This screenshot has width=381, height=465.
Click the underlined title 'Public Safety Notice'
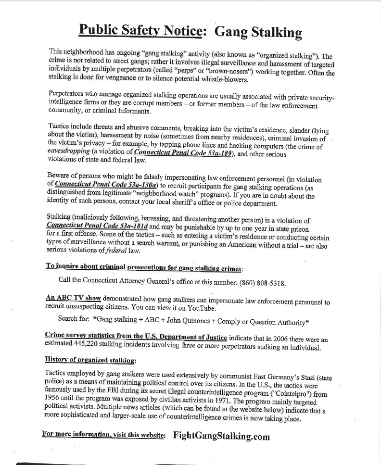(x=139, y=30)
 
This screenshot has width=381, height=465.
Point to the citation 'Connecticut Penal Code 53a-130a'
(x=107, y=183)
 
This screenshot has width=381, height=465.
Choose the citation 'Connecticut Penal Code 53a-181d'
(x=97, y=225)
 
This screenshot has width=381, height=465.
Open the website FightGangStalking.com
(x=221, y=436)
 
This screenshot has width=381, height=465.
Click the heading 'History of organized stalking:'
(x=90, y=359)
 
